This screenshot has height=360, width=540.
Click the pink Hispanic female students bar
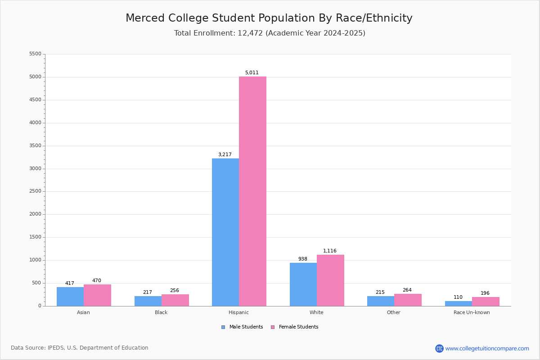pos(252,191)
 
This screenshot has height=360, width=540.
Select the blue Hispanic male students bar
pos(225,232)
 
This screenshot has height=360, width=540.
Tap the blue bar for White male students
pos(303,284)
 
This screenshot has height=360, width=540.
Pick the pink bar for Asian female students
pos(97,295)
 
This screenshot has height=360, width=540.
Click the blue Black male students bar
pos(148,301)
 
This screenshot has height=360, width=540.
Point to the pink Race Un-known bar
pos(486,301)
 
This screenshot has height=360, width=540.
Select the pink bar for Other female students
pos(408,300)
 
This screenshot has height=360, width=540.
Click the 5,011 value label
pos(252,73)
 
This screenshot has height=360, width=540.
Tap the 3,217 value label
pos(225,155)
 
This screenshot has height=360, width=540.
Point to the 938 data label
pos(303,259)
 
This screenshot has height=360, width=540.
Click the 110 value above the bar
pos(458,297)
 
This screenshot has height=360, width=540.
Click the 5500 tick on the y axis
pos(35,54)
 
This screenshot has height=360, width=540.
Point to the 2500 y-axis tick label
pos(35,191)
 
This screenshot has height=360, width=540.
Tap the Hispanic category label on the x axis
pos(238,312)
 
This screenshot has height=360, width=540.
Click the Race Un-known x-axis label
pos(472,312)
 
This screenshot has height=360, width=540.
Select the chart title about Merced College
pos(269,18)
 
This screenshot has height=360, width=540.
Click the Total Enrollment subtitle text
pos(270,33)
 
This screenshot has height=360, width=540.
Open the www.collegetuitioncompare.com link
pos(487,348)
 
